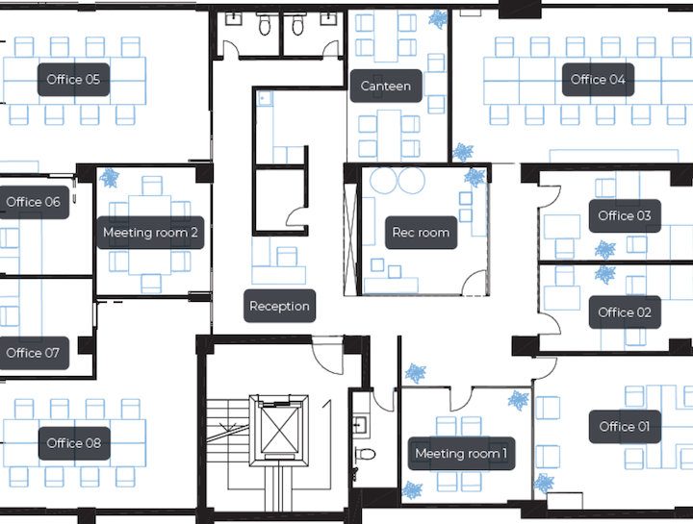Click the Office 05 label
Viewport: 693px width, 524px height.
pos(73,80)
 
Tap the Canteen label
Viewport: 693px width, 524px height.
pos(386,86)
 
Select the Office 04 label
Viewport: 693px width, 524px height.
pos(598,80)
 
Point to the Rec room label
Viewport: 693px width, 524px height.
pos(421,233)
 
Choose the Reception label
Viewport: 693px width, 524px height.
pos(279,306)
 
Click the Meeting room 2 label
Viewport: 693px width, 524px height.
pos(150,233)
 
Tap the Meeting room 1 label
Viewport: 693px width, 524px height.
pos(461,454)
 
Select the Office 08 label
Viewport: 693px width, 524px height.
pos(73,443)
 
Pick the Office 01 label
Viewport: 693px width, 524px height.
pos(625,427)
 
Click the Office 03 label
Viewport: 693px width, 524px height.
pos(625,216)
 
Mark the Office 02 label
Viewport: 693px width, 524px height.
pos(625,312)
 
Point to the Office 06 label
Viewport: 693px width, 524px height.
pos(33,202)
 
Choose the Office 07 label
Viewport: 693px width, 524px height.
pos(33,353)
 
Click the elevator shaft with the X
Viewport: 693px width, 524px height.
pos(278,430)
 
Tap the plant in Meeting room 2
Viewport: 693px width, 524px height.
pos(109,178)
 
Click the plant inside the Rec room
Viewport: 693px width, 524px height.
pos(475,178)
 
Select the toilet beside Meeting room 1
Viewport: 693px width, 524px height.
pos(365,454)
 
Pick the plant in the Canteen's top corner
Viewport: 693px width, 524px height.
pos(438,19)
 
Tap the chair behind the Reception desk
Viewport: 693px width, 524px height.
pos(287,257)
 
